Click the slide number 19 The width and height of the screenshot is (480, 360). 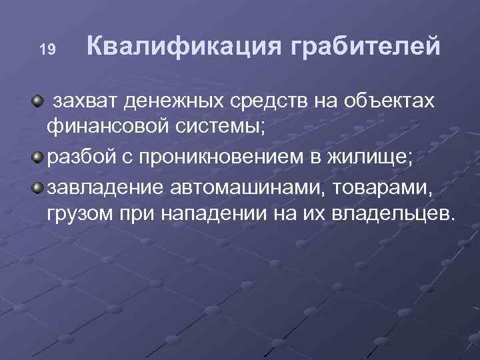tap(46, 49)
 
